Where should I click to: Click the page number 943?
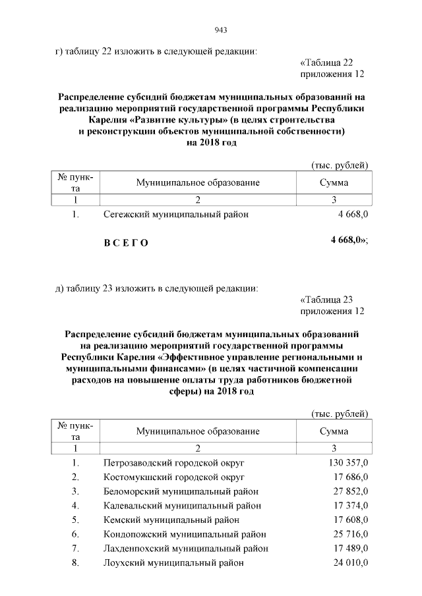(221, 30)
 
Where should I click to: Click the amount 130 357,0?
(347, 462)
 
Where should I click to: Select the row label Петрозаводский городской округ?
(173, 462)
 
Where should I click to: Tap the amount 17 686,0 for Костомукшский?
(350, 477)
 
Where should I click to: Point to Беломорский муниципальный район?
(181, 491)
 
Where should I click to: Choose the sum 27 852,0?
(350, 491)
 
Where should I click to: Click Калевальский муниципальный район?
(182, 506)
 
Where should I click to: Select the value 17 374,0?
(350, 506)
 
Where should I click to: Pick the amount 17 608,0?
(350, 520)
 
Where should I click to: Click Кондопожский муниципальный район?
(184, 534)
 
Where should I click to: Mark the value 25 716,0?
(350, 534)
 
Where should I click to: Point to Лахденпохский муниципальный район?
(186, 549)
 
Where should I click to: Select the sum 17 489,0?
(350, 549)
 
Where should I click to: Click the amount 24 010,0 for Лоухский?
(350, 563)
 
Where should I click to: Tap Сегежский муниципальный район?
(176, 214)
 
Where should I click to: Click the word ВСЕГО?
(126, 243)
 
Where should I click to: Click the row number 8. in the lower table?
(76, 563)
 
